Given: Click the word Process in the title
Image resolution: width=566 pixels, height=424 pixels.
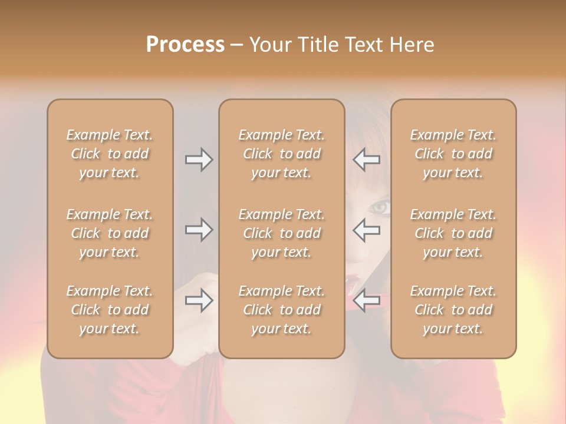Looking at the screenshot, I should click(185, 45).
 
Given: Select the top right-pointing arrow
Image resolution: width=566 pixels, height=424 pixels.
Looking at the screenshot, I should click(199, 160).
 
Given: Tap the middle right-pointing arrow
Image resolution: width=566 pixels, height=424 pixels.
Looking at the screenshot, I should click(199, 230).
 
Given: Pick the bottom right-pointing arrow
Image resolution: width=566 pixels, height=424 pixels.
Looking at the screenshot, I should click(199, 301).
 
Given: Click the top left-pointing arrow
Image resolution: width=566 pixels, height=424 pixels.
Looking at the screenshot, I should click(366, 160).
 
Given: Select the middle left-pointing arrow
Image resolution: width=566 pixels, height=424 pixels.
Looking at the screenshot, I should click(366, 230).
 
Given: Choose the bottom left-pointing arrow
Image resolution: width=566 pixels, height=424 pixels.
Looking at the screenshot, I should click(366, 301).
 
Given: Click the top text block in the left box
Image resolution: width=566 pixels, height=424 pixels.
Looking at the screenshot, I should click(110, 154).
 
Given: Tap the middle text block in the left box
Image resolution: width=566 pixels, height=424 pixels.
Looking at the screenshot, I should click(110, 233).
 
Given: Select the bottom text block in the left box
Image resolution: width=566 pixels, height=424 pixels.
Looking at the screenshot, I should click(110, 310).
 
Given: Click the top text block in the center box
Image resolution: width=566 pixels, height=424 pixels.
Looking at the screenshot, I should click(282, 154).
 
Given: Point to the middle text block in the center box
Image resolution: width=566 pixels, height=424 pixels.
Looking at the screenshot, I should click(282, 233).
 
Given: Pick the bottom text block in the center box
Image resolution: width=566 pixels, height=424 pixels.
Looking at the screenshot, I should click(282, 310).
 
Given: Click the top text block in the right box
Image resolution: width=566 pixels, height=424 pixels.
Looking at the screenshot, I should click(453, 154).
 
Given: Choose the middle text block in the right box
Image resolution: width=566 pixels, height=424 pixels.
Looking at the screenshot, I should click(453, 233).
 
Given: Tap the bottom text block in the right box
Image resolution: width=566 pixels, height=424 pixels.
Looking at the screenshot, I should click(453, 310).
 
